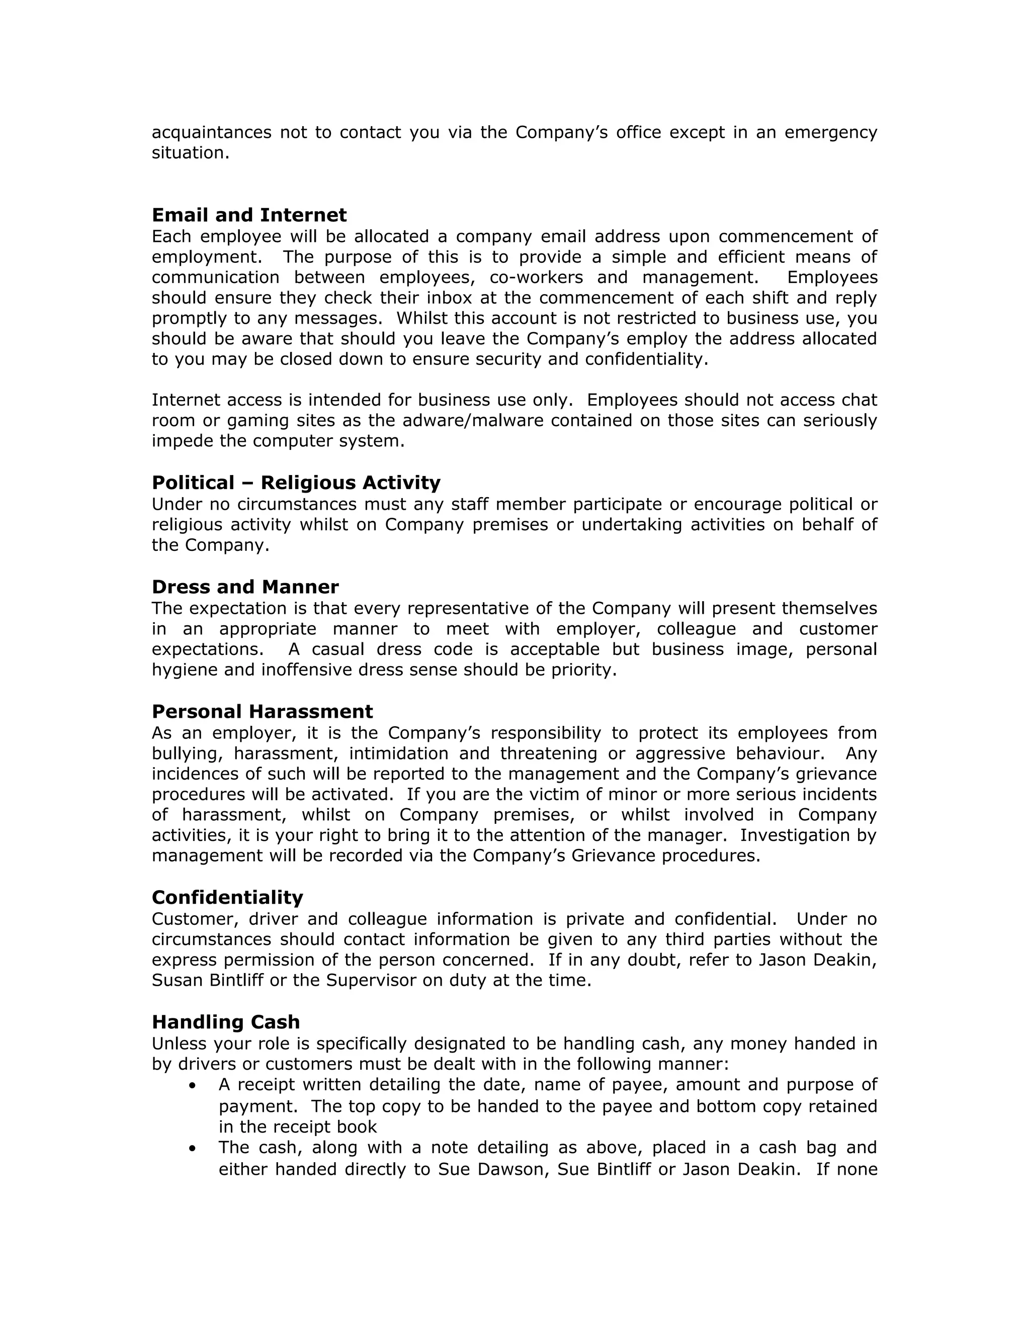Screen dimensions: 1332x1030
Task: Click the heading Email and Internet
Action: pos(249,215)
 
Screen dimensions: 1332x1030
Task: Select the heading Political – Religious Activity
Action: pos(296,483)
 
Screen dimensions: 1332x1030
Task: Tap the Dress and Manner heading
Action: pos(245,587)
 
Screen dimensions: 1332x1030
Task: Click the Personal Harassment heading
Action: pos(263,712)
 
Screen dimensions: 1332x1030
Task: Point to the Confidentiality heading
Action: pos(227,898)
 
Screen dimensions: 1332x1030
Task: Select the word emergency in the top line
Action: pos(830,132)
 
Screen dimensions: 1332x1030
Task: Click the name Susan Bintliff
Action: pos(211,981)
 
